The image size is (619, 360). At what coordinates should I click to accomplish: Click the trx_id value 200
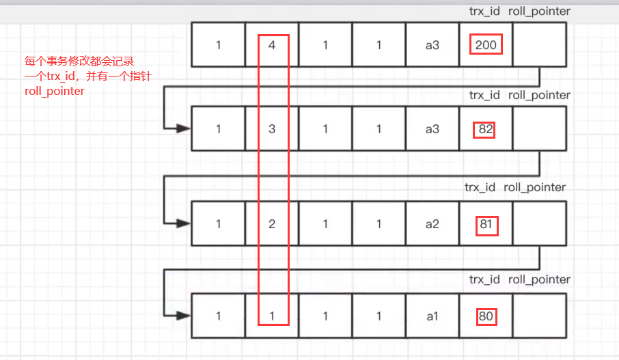(x=486, y=45)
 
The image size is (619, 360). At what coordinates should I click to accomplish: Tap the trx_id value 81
(x=486, y=224)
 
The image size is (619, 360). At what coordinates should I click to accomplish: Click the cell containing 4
(x=272, y=45)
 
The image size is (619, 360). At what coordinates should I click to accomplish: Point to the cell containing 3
(x=272, y=128)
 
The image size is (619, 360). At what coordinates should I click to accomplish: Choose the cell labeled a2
(x=432, y=224)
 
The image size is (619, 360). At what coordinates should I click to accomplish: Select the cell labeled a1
(x=432, y=316)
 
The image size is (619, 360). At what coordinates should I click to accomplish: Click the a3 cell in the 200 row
(x=432, y=45)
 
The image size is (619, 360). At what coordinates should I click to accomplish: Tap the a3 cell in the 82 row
(x=432, y=128)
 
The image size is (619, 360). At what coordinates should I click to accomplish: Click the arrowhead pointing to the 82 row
(x=184, y=128)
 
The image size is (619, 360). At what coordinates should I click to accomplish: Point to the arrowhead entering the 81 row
(x=184, y=223)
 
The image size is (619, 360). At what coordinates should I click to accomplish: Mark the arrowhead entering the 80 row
(x=184, y=316)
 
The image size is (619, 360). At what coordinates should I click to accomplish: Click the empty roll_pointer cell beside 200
(x=539, y=45)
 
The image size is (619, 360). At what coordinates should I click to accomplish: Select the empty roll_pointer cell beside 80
(x=539, y=316)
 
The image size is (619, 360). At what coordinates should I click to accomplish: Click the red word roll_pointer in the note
(x=55, y=91)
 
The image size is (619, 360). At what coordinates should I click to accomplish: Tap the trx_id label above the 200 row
(x=484, y=12)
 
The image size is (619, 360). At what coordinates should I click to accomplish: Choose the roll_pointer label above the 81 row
(x=534, y=187)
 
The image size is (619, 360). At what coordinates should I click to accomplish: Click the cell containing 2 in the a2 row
(x=272, y=224)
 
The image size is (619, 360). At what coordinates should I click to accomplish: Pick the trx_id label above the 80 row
(x=484, y=279)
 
